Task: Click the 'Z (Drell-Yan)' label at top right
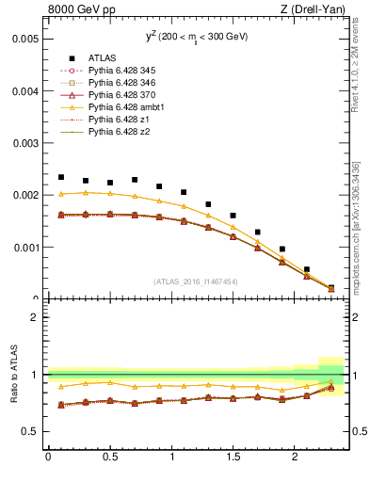click(314, 10)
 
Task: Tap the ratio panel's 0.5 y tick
click(29, 431)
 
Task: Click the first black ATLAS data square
click(61, 177)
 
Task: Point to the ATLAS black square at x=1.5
click(233, 216)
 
